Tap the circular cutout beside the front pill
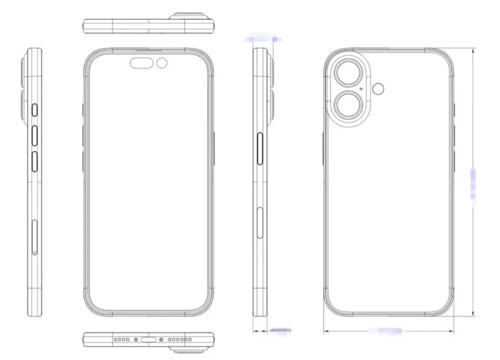tap(162, 63)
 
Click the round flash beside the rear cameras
tap(378, 88)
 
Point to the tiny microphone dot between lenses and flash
tap(360, 89)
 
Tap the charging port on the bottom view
tap(148, 339)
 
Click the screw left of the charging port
tap(136, 339)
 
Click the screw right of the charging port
tap(161, 339)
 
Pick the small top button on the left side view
tap(36, 109)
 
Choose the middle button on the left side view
tap(36, 135)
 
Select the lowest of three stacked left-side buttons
tap(36, 161)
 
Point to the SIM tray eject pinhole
tap(34, 253)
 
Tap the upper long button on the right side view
tap(260, 148)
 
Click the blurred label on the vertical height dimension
tap(473, 183)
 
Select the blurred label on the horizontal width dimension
tap(386, 331)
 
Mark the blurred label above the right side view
tap(264, 38)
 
